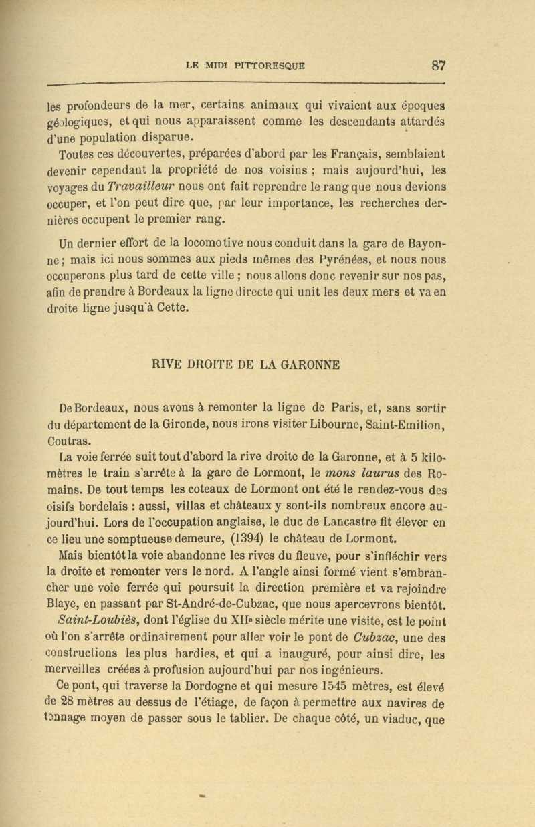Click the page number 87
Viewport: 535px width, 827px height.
(439, 66)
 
